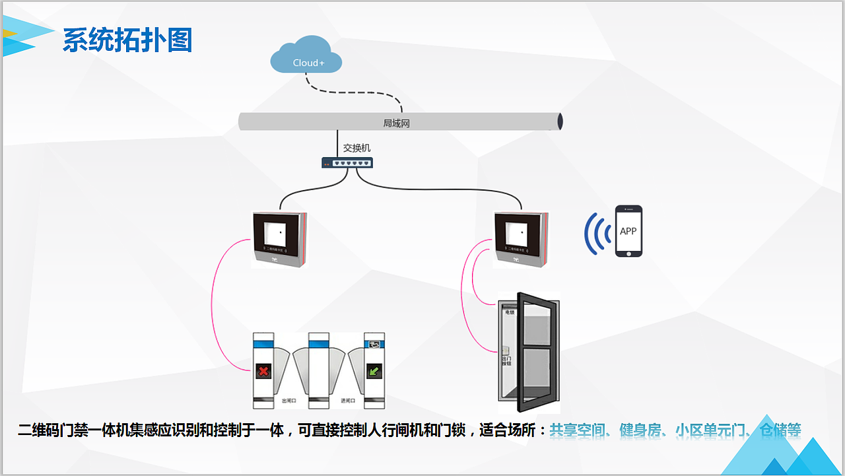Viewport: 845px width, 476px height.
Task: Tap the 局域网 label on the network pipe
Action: [396, 123]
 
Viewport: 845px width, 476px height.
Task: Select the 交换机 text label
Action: [356, 148]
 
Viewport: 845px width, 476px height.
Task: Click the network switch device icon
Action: [347, 162]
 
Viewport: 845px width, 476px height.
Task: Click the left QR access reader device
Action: [280, 239]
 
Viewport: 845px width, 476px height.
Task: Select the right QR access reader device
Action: [521, 238]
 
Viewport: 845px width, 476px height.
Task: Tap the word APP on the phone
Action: [628, 231]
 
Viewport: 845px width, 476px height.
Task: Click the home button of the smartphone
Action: [628, 252]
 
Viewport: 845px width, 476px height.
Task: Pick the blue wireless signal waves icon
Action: [597, 234]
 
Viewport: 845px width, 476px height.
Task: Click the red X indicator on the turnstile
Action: [263, 372]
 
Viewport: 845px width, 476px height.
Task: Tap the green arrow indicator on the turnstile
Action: [374, 372]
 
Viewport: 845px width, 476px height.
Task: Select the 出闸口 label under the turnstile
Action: [289, 401]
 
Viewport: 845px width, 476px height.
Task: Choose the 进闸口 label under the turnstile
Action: [347, 401]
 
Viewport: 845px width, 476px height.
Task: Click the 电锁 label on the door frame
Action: [509, 312]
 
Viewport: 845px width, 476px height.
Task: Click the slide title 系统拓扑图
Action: [127, 41]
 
